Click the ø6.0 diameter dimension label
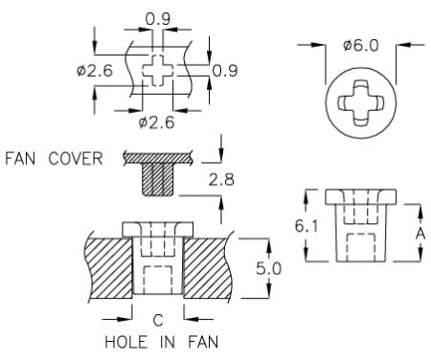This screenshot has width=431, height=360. [x=361, y=46]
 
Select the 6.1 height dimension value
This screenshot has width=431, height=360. [x=306, y=226]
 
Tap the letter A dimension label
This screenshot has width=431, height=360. [x=420, y=233]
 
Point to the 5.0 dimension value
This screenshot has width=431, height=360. [x=269, y=268]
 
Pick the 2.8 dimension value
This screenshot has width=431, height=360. [x=221, y=180]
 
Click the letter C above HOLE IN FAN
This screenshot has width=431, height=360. [x=158, y=320]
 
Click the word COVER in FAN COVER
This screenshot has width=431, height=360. [x=76, y=159]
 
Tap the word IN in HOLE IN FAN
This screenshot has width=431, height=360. [x=168, y=342]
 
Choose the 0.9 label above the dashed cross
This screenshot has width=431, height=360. [x=158, y=19]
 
